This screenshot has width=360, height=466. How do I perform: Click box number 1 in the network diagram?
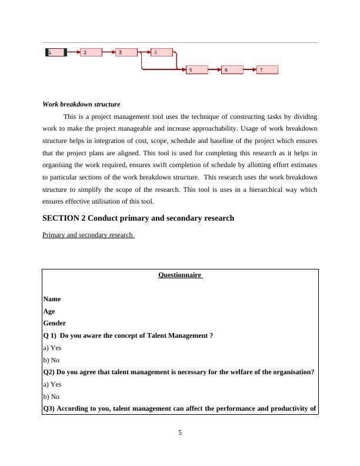click(x=56, y=52)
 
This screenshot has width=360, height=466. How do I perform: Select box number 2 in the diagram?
click(x=91, y=52)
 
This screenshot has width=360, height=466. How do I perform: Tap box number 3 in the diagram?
click(x=126, y=52)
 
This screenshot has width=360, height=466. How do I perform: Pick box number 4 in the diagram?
click(x=162, y=52)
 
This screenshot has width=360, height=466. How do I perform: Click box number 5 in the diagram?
click(x=196, y=70)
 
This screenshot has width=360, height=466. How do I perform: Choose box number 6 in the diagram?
click(x=232, y=70)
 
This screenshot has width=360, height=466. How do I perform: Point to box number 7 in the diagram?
click(x=267, y=70)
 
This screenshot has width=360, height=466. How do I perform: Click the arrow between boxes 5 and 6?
click(x=214, y=70)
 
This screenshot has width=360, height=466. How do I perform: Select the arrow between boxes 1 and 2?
click(x=74, y=52)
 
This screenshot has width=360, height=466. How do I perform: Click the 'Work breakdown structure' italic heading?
click(x=81, y=104)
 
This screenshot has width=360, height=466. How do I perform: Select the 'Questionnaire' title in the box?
click(x=180, y=275)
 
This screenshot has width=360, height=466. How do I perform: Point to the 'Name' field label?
click(x=52, y=299)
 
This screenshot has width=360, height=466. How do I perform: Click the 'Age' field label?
click(x=49, y=311)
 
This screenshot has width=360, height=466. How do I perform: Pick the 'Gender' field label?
click(x=54, y=323)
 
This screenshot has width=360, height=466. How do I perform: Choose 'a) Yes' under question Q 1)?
click(x=52, y=348)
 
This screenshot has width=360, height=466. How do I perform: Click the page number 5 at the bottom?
click(x=180, y=434)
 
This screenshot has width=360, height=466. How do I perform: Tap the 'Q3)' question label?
click(x=49, y=408)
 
